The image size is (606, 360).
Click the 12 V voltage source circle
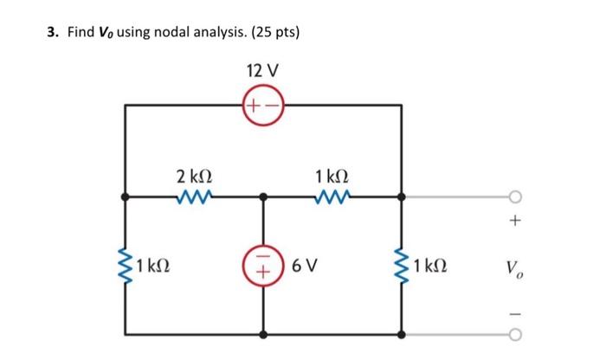pos(264,106)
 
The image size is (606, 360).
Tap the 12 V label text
pos(264,69)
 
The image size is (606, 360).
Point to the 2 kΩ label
pos(194,176)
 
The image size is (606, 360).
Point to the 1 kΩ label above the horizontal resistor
pos(333,176)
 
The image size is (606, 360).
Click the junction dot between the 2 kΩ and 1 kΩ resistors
pos(264,197)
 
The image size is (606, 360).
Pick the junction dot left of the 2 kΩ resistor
pos(127,197)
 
